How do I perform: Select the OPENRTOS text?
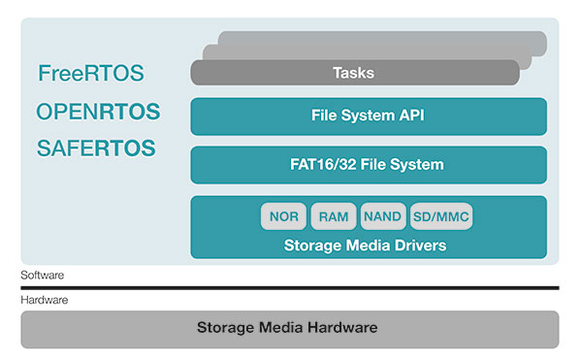point(98,112)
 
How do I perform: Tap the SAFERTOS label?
point(95,148)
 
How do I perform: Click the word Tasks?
point(353,73)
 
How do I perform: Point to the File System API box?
point(369,115)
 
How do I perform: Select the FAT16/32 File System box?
point(369,164)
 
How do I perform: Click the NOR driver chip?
point(283,216)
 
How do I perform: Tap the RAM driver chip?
point(333,216)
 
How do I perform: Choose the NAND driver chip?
point(383,216)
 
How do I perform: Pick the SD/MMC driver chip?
point(441,216)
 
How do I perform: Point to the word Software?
point(43,276)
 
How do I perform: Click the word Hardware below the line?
point(45,301)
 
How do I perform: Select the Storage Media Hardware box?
point(290,329)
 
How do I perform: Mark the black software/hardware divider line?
point(290,287)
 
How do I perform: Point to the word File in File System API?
point(327,115)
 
